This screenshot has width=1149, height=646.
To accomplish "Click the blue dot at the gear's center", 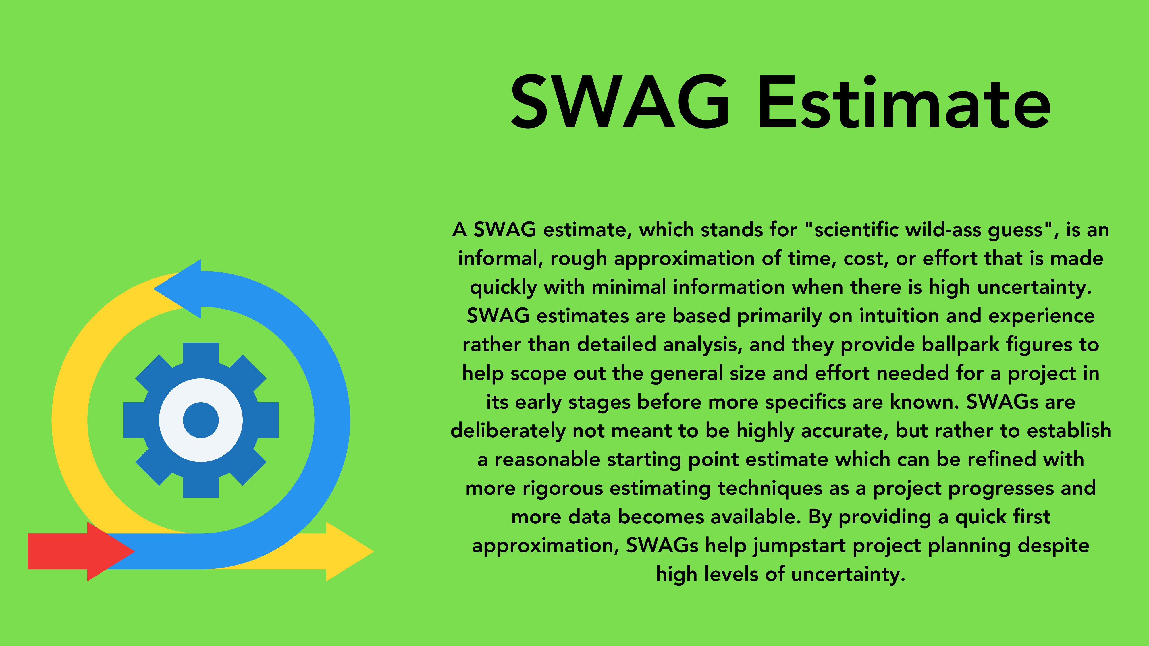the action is pyautogui.click(x=201, y=420).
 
